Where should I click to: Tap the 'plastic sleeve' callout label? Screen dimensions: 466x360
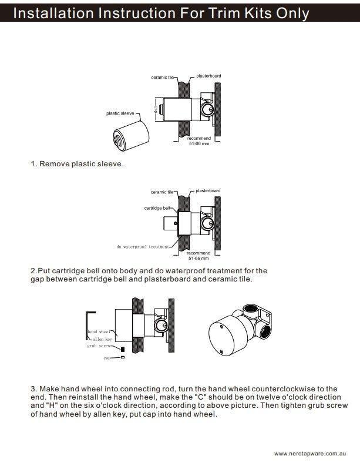pyautogui.click(x=120, y=113)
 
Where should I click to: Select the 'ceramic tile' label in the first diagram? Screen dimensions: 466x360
pyautogui.click(x=162, y=77)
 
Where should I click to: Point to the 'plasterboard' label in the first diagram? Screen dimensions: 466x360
pyautogui.click(x=208, y=76)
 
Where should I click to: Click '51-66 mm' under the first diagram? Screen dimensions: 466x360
pyautogui.click(x=198, y=143)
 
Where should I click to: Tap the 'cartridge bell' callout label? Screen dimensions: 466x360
pyautogui.click(x=157, y=208)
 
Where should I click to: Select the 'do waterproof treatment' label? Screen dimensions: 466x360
pyautogui.click(x=143, y=247)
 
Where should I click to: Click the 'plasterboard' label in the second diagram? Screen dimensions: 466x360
pyautogui.click(x=208, y=191)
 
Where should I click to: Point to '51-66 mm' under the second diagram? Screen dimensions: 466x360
pyautogui.click(x=198, y=258)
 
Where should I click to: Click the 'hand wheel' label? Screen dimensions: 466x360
pyautogui.click(x=99, y=332)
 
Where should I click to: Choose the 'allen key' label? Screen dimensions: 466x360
pyautogui.click(x=102, y=339)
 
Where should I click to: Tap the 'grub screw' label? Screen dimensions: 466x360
pyautogui.click(x=99, y=346)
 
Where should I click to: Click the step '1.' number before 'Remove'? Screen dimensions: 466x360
pyautogui.click(x=33, y=164)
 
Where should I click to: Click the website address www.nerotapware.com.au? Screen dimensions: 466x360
pyautogui.click(x=309, y=454)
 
